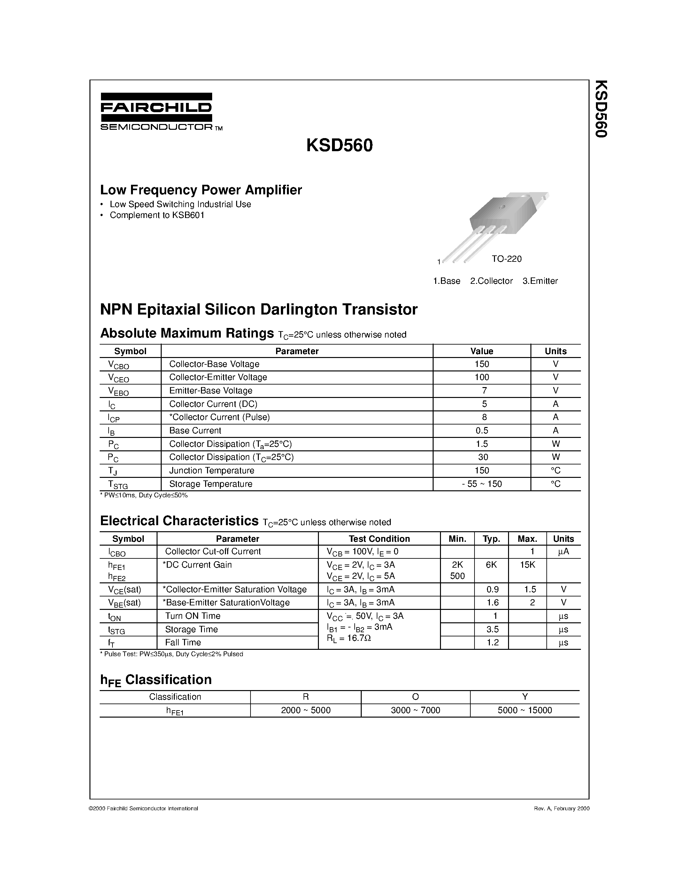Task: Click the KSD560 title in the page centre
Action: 339,146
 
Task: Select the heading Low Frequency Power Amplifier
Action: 201,190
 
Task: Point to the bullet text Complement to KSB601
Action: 157,215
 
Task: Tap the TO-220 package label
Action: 506,259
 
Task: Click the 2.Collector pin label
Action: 491,281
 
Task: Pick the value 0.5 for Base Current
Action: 482,431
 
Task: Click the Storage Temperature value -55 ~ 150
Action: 482,484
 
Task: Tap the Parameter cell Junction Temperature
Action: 212,471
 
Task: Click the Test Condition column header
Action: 379,539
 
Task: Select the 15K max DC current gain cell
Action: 527,565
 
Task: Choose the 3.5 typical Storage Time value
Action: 492,629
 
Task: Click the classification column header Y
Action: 525,697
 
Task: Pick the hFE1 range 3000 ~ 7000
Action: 415,710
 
